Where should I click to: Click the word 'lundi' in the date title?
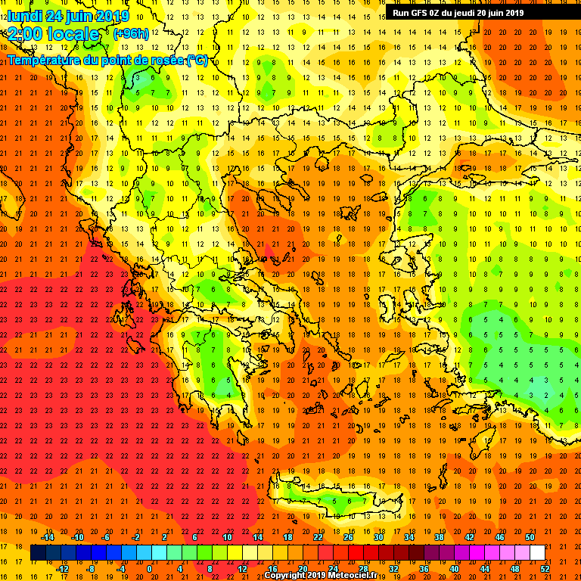click(25, 16)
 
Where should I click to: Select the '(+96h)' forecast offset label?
click(131, 34)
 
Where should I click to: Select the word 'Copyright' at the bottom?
click(287, 576)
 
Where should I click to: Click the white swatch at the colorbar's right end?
click(537, 553)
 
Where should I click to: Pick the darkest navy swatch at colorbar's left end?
click(38, 553)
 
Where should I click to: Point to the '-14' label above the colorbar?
click(47, 537)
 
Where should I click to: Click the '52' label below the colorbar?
click(545, 569)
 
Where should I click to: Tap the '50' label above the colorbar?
click(530, 537)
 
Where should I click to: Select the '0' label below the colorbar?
click(150, 569)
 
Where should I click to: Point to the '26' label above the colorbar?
click(348, 537)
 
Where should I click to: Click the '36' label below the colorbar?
click(424, 569)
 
